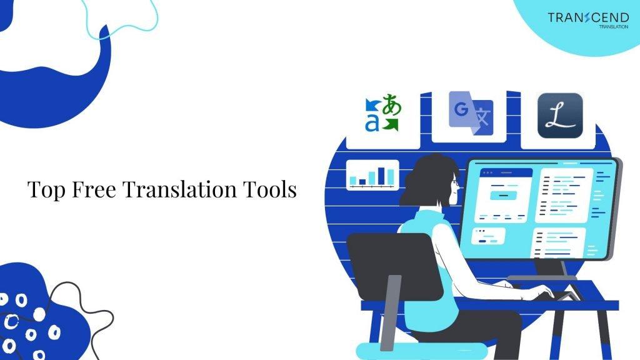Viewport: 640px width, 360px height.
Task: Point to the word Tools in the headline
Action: (272, 189)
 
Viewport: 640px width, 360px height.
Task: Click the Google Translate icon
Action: (471, 116)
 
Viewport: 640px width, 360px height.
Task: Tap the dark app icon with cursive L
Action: (560, 116)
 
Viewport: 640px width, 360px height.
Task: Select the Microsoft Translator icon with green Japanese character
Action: (382, 114)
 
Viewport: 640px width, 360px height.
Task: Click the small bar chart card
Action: (373, 174)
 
